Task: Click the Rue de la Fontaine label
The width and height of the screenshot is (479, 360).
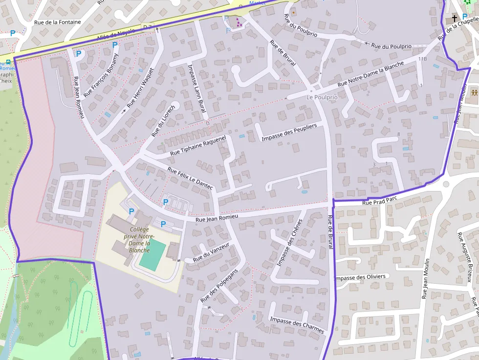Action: click(57, 22)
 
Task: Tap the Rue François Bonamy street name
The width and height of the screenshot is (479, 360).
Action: click(101, 75)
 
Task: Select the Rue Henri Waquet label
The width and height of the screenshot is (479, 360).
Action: click(140, 88)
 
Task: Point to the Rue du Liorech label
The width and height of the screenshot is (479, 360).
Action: click(163, 120)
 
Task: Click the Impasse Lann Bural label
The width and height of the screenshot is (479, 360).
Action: click(196, 90)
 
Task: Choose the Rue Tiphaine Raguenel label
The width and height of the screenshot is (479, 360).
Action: click(198, 146)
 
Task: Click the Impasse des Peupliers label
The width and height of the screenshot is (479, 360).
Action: click(289, 132)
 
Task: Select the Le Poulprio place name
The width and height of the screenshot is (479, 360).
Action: click(322, 97)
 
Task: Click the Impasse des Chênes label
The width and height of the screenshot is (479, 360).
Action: click(290, 242)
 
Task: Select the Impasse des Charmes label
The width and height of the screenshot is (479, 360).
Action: click(296, 324)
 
